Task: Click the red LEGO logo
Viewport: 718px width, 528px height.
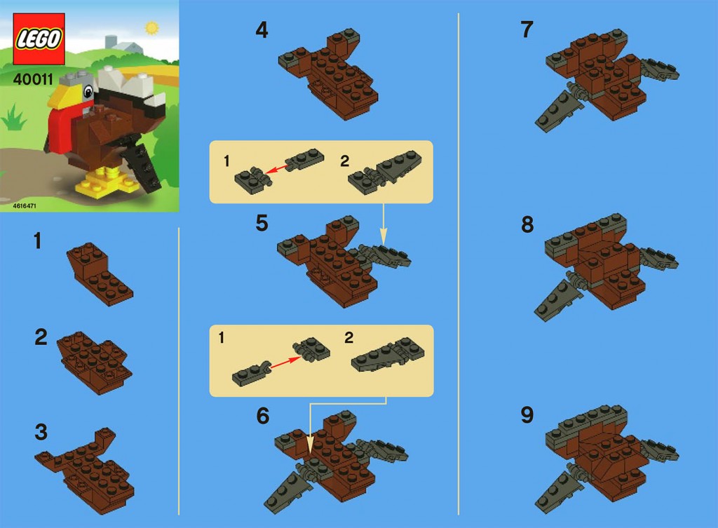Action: click(x=39, y=39)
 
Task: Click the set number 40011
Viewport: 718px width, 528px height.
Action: click(x=34, y=79)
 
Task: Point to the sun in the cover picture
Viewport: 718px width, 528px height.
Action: click(x=150, y=28)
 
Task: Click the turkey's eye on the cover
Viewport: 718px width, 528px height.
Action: click(x=88, y=91)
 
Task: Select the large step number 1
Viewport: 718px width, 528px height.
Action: click(x=37, y=242)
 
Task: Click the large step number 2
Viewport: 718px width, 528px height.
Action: click(x=41, y=337)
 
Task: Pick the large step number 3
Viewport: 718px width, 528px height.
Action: click(x=41, y=433)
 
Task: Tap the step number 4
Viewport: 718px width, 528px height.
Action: click(x=262, y=31)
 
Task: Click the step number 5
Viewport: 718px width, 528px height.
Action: click(x=262, y=223)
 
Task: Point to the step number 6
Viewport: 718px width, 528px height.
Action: click(x=262, y=417)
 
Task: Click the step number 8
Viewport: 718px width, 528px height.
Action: click(x=527, y=224)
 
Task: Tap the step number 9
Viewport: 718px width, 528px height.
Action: click(x=527, y=416)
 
